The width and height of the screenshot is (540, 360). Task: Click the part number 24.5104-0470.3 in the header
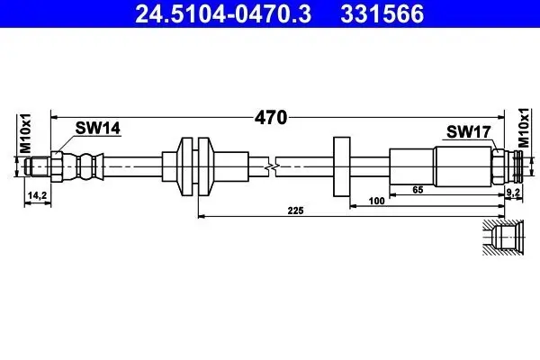(x=217, y=14)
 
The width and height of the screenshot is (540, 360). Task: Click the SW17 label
(x=468, y=132)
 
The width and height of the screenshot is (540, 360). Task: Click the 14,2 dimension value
(x=37, y=193)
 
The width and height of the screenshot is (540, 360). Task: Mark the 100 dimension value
(x=378, y=202)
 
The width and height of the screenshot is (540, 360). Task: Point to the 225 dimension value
(x=296, y=211)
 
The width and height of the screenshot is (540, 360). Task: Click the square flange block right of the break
(x=341, y=166)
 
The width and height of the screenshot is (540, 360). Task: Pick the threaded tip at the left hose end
(x=37, y=166)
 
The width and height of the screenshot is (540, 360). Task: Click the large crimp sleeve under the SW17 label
(x=461, y=166)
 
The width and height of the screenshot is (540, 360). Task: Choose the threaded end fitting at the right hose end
(x=511, y=166)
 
